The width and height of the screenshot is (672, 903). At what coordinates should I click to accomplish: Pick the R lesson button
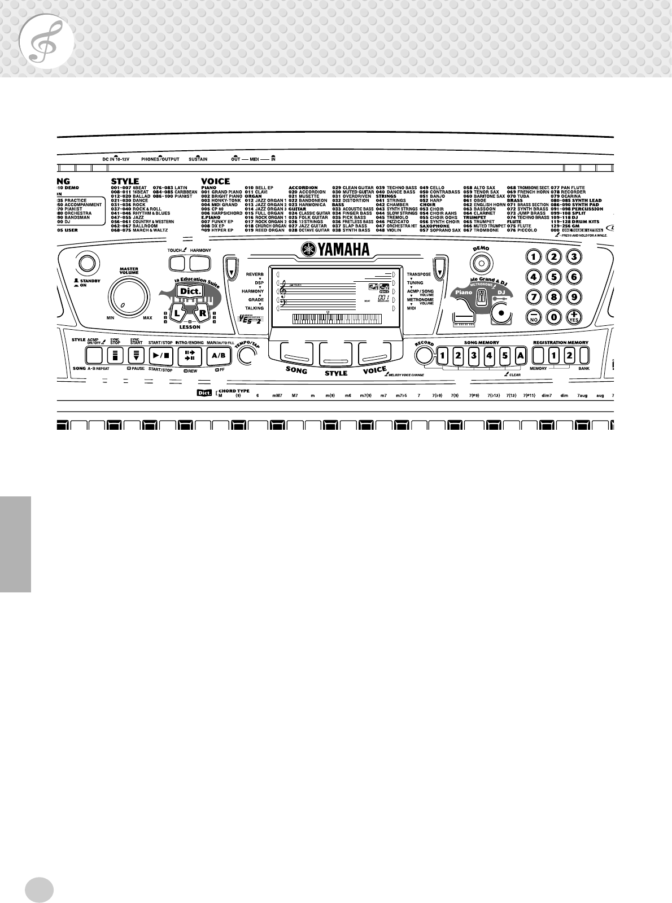coord(203,312)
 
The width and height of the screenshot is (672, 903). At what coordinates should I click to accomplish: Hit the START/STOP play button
coord(157,355)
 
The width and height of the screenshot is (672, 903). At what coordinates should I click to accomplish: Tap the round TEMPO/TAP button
coord(246,356)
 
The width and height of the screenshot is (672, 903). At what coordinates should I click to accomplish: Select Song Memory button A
coord(520,355)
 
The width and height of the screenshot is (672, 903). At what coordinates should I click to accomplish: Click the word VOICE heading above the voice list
coord(215,181)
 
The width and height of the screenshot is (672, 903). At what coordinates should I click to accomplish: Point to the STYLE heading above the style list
coord(125,181)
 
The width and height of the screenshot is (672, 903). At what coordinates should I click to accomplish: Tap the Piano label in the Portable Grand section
coord(464,292)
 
